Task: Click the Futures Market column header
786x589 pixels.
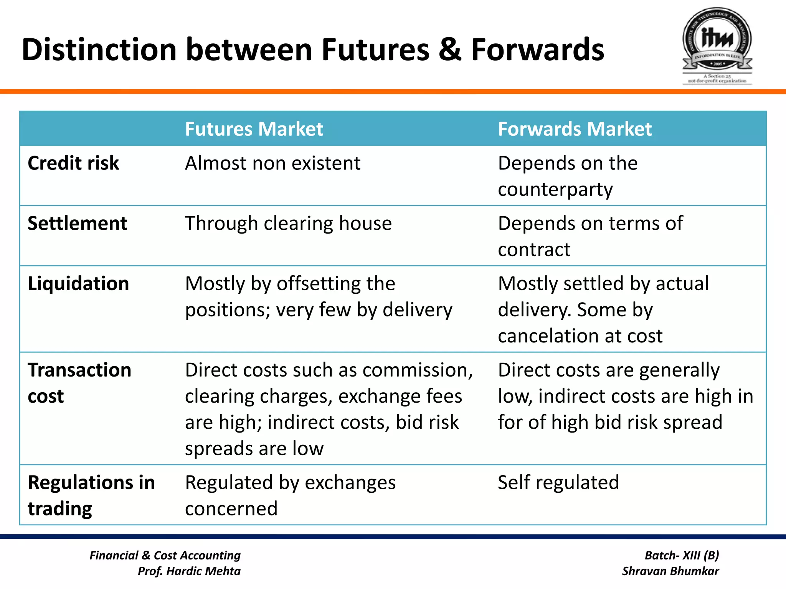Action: pyautogui.click(x=254, y=129)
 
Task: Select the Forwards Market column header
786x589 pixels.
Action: pyautogui.click(x=575, y=129)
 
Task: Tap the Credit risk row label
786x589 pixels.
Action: pyautogui.click(x=73, y=163)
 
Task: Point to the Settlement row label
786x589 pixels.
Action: pyautogui.click(x=77, y=224)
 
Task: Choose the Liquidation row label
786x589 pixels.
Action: pyautogui.click(x=78, y=284)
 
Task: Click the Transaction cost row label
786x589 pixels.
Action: pyautogui.click(x=79, y=383)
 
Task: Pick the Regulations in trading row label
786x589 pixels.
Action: pyautogui.click(x=91, y=495)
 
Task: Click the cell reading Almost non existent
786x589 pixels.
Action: pyautogui.click(x=272, y=163)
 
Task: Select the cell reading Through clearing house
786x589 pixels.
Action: pyautogui.click(x=288, y=224)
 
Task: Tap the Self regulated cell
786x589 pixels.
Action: pyautogui.click(x=558, y=482)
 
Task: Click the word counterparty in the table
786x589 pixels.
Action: pyautogui.click(x=555, y=189)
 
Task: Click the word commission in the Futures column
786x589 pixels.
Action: pyautogui.click(x=417, y=370)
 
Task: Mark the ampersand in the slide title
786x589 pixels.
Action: pyautogui.click(x=450, y=50)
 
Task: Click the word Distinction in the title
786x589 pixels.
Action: pyautogui.click(x=99, y=50)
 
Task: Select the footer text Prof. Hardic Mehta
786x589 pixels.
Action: pyautogui.click(x=189, y=571)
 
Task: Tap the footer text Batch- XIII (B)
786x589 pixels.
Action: pyautogui.click(x=682, y=555)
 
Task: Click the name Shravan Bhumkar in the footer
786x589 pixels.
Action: pyautogui.click(x=670, y=571)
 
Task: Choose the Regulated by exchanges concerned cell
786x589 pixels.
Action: pyautogui.click(x=290, y=495)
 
